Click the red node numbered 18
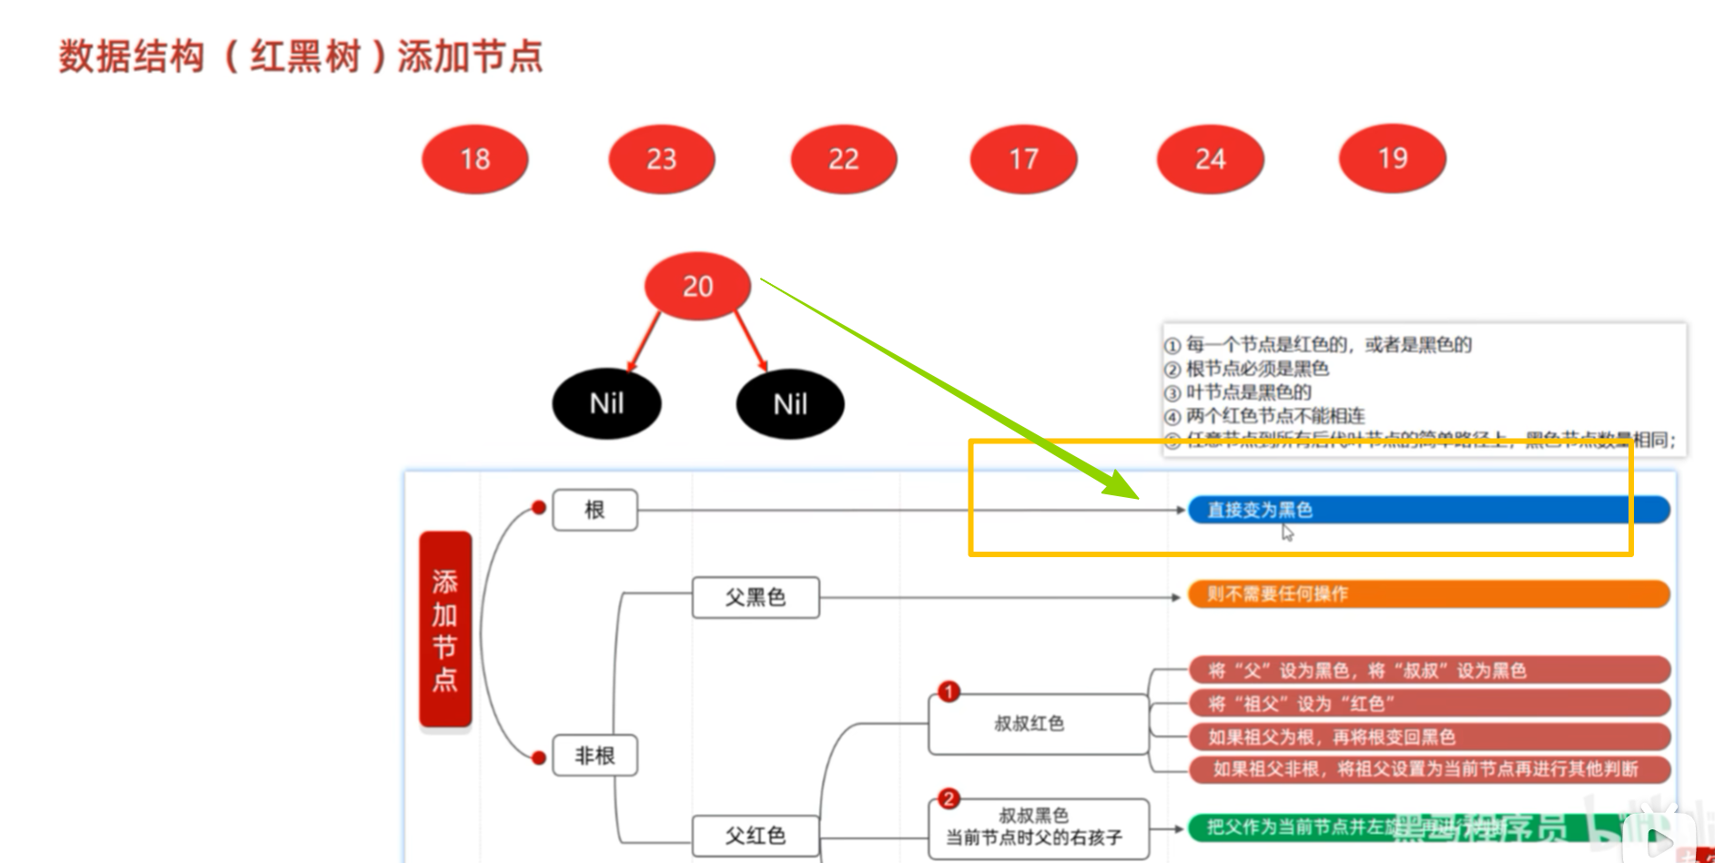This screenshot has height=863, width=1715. tap(474, 159)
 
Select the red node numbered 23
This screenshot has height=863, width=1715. tap(661, 159)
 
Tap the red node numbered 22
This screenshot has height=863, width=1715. tap(843, 159)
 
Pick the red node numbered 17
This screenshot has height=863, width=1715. tap(1023, 159)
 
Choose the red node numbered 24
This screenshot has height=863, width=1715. tap(1210, 159)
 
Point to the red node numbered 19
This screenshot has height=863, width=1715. tap(1392, 158)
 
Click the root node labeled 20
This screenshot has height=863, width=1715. tap(697, 286)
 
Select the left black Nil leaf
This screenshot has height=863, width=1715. tap(606, 403)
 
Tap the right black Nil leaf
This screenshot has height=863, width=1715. tap(789, 403)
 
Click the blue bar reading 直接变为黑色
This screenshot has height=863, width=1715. tap(1427, 510)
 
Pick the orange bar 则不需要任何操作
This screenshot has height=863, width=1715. tap(1427, 594)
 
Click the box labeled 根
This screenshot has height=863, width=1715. tap(594, 510)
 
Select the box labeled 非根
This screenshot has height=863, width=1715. tap(594, 756)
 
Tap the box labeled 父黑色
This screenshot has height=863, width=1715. tap(755, 597)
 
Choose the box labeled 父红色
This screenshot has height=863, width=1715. tap(755, 835)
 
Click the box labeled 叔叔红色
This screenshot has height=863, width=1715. tap(1037, 724)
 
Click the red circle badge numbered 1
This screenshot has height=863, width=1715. tap(949, 692)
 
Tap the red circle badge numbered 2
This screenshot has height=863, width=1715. tap(949, 798)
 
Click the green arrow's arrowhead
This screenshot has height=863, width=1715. tap(1125, 487)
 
